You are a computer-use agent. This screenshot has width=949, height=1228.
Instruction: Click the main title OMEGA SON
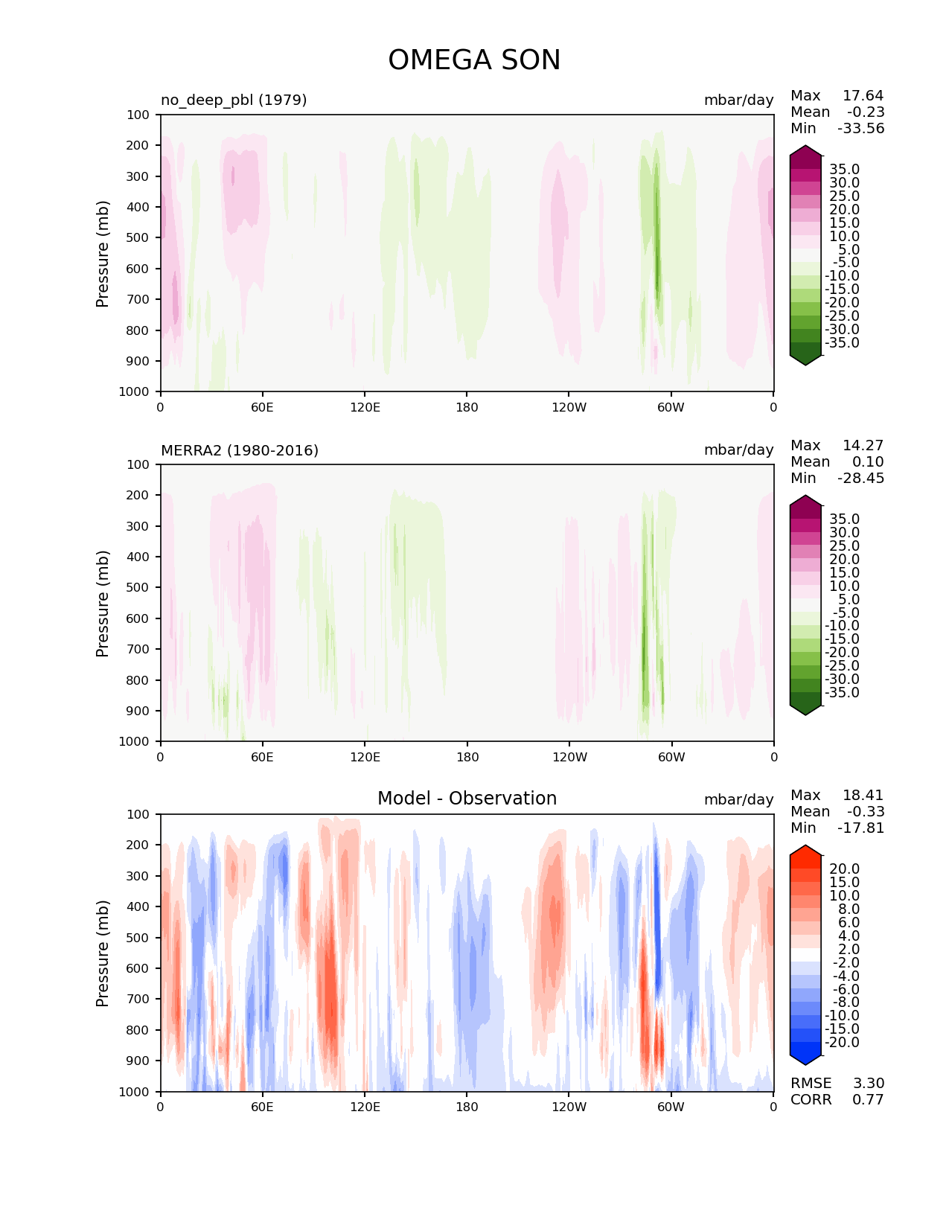pos(474,60)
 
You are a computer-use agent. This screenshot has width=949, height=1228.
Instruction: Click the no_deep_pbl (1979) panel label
pos(234,100)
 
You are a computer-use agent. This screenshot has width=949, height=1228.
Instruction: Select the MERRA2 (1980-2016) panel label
pos(240,450)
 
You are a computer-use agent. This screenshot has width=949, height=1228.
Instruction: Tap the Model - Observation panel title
pos(467,799)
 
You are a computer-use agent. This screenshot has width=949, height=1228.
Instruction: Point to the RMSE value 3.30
pos(868,1083)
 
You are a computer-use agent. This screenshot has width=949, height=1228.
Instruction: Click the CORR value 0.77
pos(868,1099)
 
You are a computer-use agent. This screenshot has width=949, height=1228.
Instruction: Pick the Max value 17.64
pos(863,95)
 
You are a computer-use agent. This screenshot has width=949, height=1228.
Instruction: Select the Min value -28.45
pos(860,478)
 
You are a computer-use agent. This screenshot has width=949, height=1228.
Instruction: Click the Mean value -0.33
pos(865,811)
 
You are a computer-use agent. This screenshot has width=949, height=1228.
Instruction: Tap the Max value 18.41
pos(863,795)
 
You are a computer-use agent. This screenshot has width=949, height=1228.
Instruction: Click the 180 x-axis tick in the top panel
pos(467,407)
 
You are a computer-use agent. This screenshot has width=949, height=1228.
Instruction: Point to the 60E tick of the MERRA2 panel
pos(262,757)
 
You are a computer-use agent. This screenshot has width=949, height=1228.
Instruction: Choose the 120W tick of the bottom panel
pos(569,1107)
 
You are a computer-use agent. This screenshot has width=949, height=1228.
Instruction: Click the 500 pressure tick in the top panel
pos(139,237)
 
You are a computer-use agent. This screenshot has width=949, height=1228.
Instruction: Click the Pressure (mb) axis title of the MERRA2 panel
pos(103,603)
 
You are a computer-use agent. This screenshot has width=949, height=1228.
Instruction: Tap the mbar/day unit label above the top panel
pos(738,100)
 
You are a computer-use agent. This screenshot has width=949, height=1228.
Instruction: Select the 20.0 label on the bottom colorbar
pos(844,869)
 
